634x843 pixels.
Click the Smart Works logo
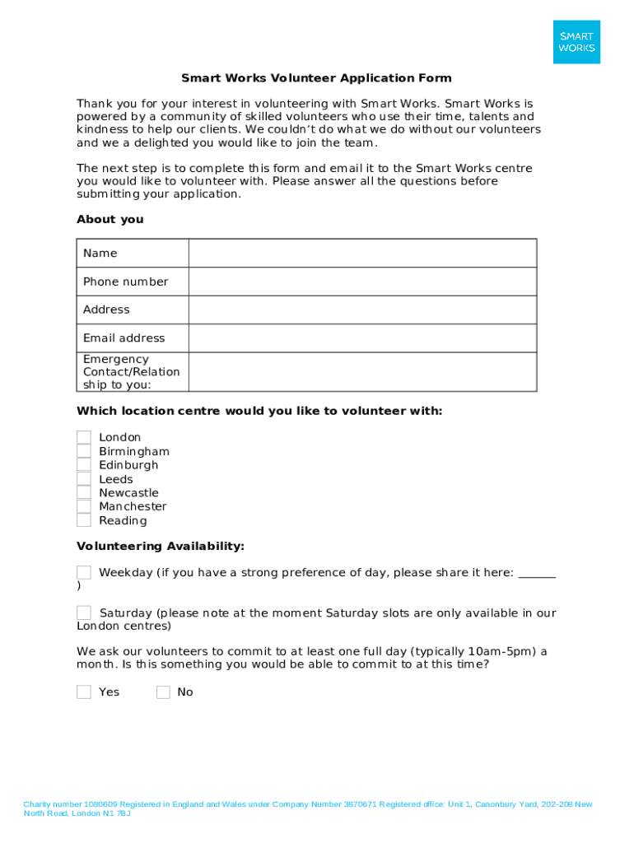tap(576, 42)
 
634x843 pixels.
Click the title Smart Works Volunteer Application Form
tap(316, 78)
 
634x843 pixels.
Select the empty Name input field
tap(362, 254)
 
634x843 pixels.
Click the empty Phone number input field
tap(362, 282)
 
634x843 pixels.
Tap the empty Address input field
tap(362, 310)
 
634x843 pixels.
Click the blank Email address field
tap(362, 338)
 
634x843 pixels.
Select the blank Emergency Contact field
tap(362, 372)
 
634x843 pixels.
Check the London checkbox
tap(84, 437)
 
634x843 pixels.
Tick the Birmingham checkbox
tap(84, 451)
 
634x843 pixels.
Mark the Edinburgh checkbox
tap(84, 465)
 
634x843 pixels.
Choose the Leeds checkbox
tap(84, 479)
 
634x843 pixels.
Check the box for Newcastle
tap(84, 492)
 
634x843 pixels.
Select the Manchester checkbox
tap(84, 506)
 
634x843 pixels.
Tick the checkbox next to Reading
tap(84, 520)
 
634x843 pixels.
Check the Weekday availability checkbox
tap(84, 572)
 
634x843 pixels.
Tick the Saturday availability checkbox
tap(84, 612)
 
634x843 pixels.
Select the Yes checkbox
tap(84, 692)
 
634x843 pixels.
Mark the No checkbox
tap(163, 692)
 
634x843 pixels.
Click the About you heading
tap(110, 219)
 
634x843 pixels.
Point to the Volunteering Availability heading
tap(160, 546)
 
